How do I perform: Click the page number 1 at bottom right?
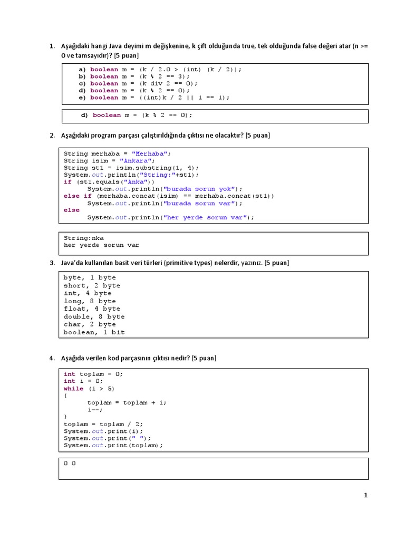(365, 495)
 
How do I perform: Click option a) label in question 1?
(82, 70)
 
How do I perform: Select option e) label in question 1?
(82, 98)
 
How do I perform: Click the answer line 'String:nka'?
(83, 238)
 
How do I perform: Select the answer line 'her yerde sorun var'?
(101, 245)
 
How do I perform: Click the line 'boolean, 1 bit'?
(94, 332)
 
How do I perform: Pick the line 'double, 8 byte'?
(94, 316)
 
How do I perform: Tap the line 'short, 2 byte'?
(92, 285)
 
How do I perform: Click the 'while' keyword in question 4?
(73, 389)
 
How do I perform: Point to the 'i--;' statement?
(95, 410)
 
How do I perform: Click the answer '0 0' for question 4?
(70, 463)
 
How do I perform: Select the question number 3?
(52, 263)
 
